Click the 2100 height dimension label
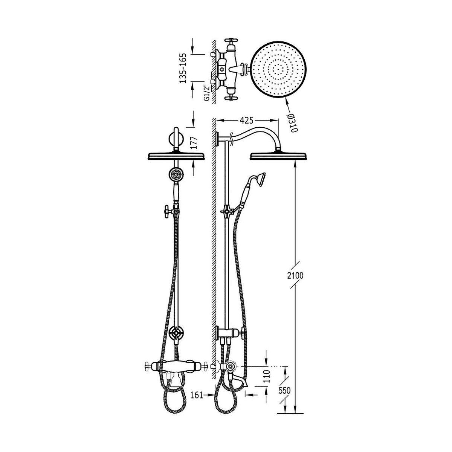click(x=295, y=276)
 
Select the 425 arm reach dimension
click(x=246, y=120)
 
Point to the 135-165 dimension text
click(x=183, y=68)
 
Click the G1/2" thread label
click(x=207, y=93)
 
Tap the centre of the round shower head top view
click(x=279, y=70)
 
